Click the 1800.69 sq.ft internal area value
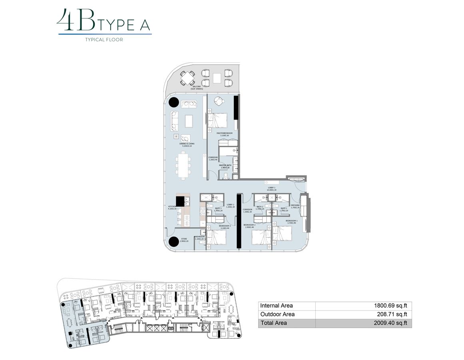[x=390, y=306]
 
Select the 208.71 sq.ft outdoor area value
[x=392, y=314]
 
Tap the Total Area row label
[x=273, y=323]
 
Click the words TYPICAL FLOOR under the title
[x=104, y=40]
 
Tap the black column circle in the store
[x=174, y=242]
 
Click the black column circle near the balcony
[x=174, y=103]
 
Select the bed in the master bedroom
[x=217, y=119]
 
